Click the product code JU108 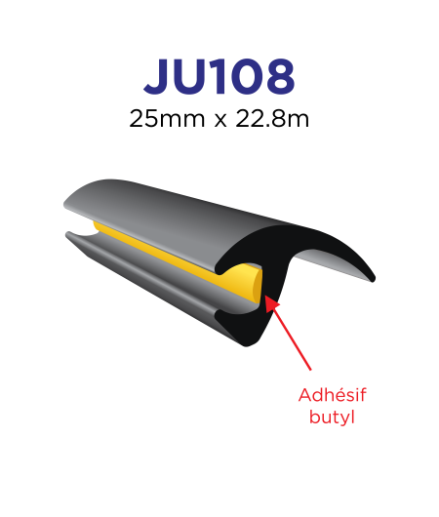pyautogui.click(x=219, y=77)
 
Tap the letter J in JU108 pyautogui.click(x=158, y=77)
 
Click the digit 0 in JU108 pyautogui.click(x=246, y=77)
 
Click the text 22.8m pyautogui.click(x=272, y=119)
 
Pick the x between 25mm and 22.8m pyautogui.click(x=220, y=121)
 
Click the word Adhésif pyautogui.click(x=333, y=395)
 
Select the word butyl pyautogui.click(x=332, y=417)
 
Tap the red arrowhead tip pyautogui.click(x=265, y=297)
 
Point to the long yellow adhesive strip pyautogui.click(x=172, y=254)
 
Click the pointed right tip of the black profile pyautogui.click(x=374, y=280)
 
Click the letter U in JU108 pyautogui.click(x=192, y=77)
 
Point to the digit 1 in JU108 pyautogui.click(x=219, y=77)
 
